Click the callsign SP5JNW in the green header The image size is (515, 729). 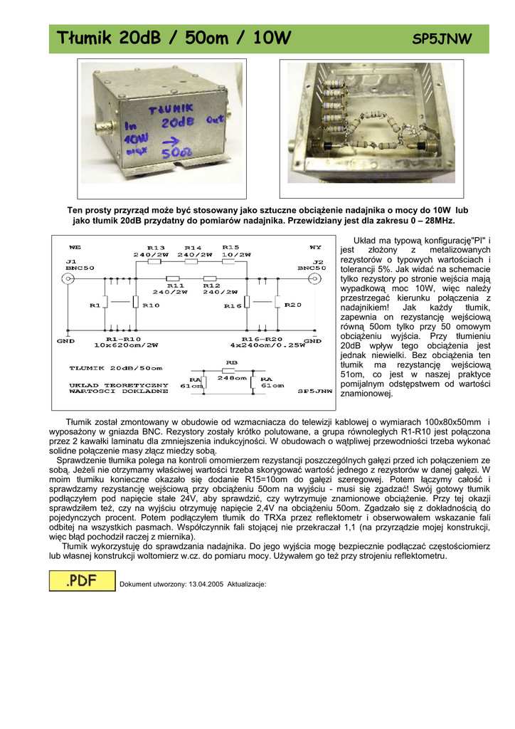point(442,40)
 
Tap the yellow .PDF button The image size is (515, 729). point(82,581)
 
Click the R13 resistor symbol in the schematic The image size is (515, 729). point(156,262)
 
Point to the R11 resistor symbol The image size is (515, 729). point(174,278)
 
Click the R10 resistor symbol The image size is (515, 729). point(134,303)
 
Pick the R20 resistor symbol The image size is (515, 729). point(277,303)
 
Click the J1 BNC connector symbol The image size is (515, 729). point(68,278)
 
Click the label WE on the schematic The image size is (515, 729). point(74,246)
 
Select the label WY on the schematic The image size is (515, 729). point(314,246)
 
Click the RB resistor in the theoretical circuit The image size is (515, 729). point(229,371)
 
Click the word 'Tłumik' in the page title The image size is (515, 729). point(86,38)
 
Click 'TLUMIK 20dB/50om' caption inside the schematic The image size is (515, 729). point(116,368)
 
